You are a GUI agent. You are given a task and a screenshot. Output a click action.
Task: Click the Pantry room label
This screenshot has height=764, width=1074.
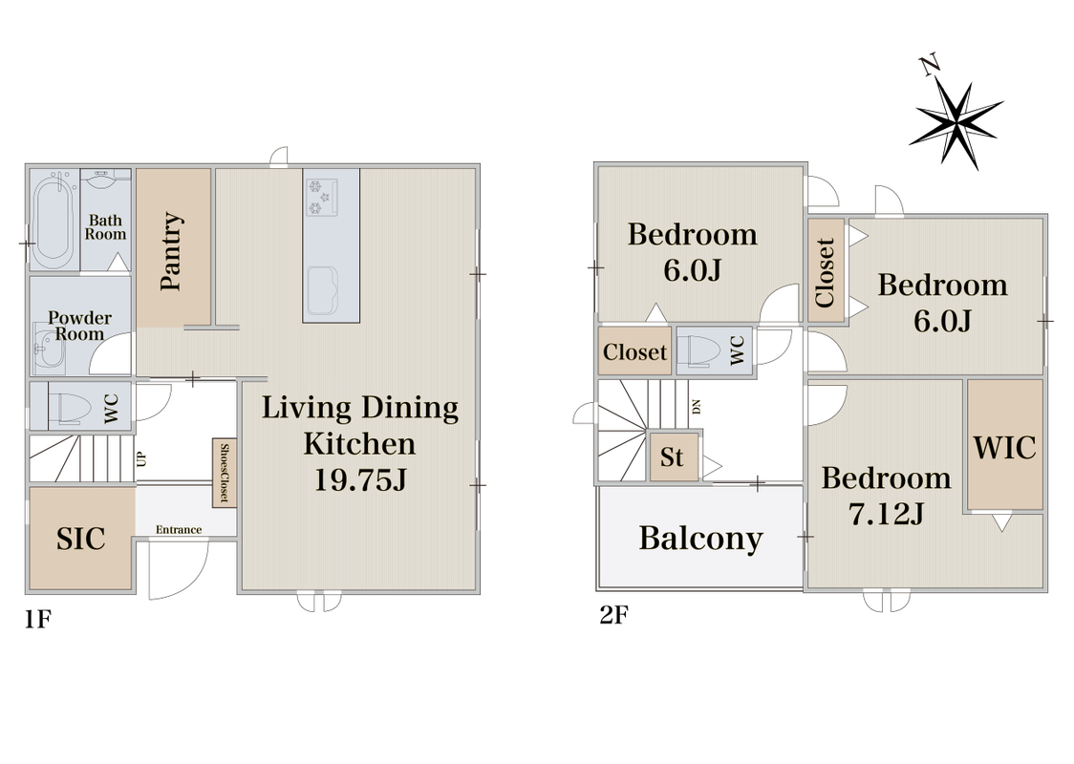point(172,251)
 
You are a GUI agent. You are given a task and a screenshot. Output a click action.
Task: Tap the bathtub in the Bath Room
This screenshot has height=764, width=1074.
point(54,220)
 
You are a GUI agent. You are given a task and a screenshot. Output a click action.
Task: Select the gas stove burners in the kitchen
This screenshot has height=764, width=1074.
point(322,197)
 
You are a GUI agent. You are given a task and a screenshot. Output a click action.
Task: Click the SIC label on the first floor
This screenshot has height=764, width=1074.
point(81,538)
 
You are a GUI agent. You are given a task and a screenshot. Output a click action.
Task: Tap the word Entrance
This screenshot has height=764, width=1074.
point(178,529)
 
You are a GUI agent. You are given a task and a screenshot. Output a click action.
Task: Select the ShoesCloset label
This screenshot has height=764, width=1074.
point(224,473)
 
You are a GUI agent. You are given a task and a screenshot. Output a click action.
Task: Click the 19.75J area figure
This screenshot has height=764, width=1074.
point(360,479)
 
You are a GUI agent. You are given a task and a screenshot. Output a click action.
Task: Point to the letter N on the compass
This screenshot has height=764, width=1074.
point(930,66)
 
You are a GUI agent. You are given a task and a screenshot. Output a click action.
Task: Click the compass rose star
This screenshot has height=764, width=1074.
point(956,124)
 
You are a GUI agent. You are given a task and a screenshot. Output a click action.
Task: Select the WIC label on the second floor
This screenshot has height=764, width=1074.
point(1005,448)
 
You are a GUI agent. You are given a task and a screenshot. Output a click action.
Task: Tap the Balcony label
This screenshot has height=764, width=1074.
point(700,538)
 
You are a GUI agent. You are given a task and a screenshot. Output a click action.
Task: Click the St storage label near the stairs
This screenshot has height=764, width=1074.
point(672,456)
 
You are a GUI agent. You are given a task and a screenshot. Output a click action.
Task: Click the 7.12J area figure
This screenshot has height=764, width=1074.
point(887,514)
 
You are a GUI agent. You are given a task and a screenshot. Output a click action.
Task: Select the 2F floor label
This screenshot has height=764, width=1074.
point(613,615)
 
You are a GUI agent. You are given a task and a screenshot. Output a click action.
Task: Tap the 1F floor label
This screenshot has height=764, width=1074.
point(38,620)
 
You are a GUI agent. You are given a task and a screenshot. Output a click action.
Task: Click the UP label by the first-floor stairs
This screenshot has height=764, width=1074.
point(141,458)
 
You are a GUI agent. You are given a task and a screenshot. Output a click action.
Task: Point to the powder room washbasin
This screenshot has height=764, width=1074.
point(48,350)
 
